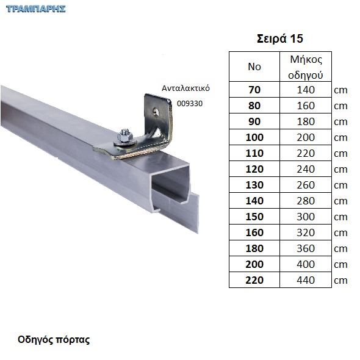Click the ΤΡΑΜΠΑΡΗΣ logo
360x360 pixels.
[x=36, y=9]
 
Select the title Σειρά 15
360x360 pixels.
[x=280, y=38]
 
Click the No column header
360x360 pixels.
[x=254, y=67]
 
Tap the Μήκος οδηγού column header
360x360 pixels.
[x=306, y=67]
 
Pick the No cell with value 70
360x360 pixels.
[x=254, y=90]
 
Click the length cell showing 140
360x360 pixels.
[x=306, y=90]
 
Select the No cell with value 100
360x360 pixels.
[x=254, y=137]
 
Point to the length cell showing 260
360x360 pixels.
[x=306, y=185]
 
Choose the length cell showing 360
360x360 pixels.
[x=306, y=248]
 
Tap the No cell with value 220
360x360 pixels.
[x=254, y=280]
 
